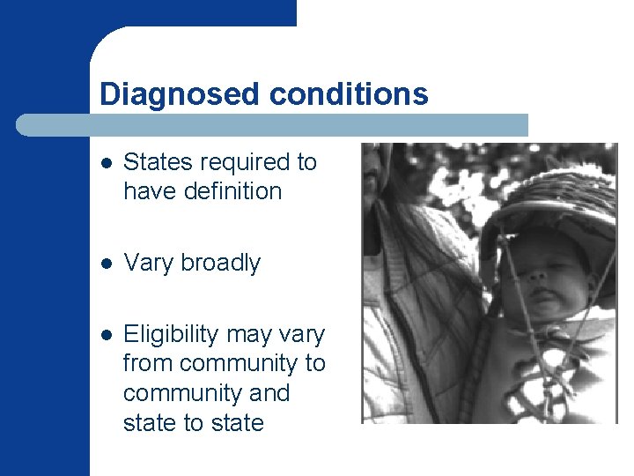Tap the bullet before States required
(x=106, y=163)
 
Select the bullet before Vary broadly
(x=106, y=264)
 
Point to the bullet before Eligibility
(x=106, y=335)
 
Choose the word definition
(x=226, y=190)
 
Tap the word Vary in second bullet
(x=146, y=263)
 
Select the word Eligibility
(x=172, y=335)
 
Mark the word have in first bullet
(x=151, y=190)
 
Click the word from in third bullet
(x=147, y=363)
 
